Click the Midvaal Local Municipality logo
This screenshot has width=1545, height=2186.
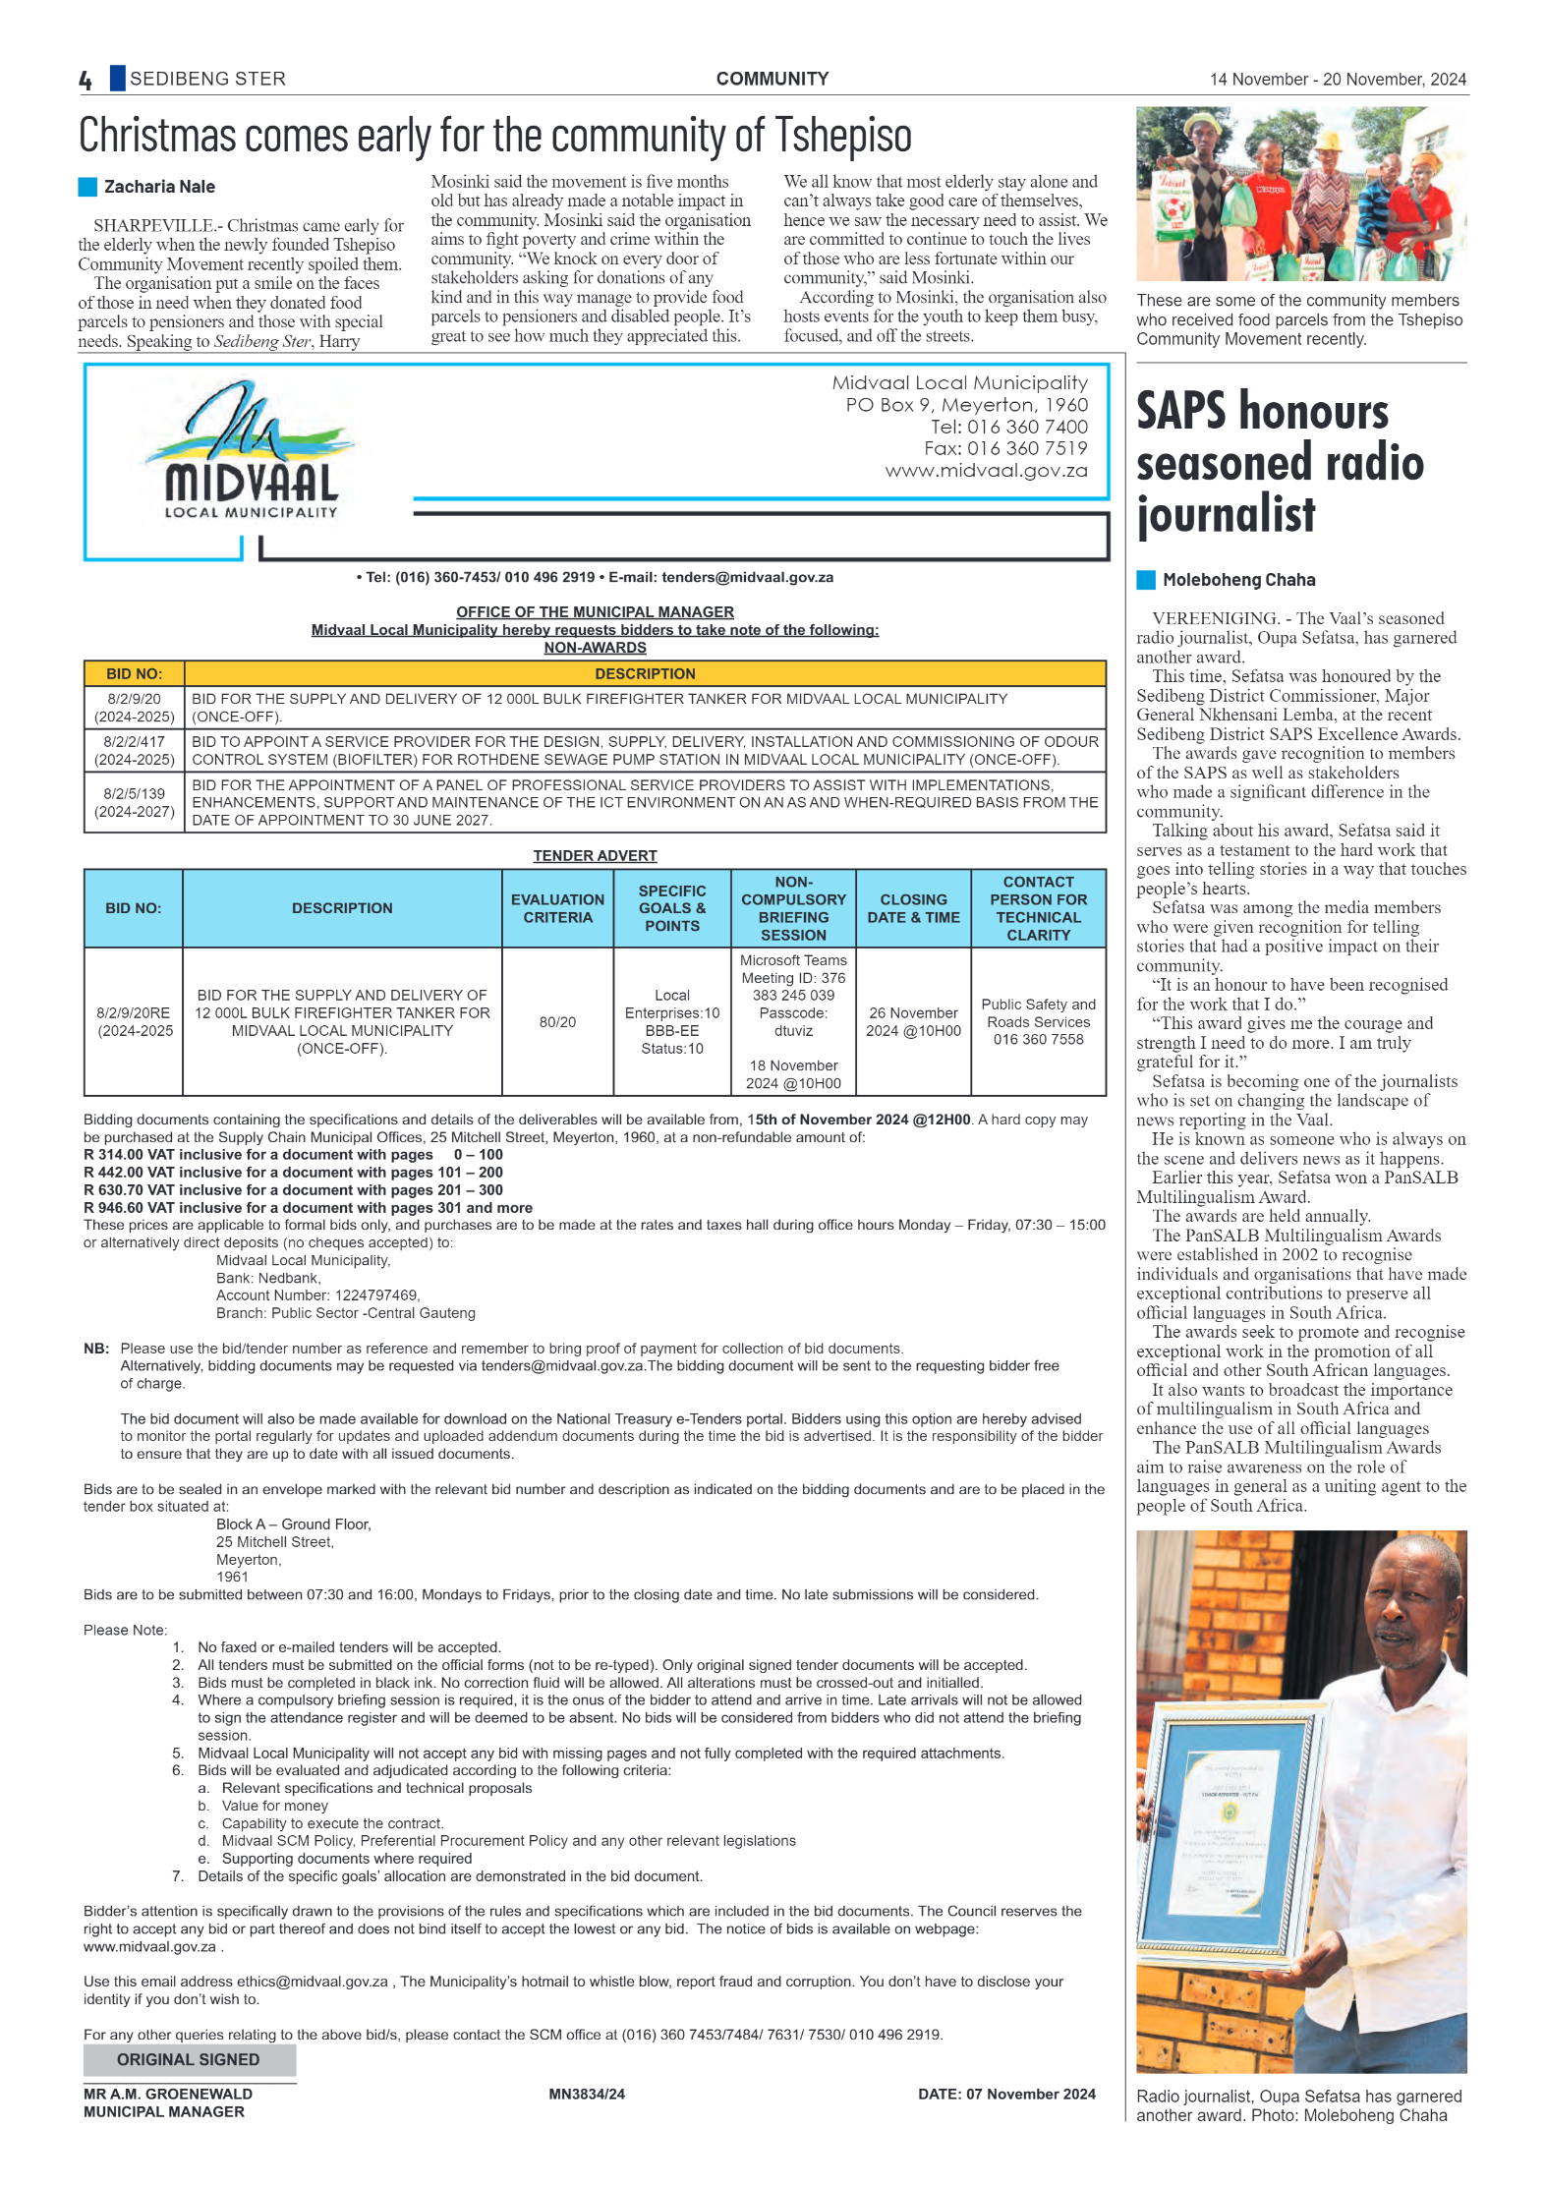click(x=251, y=451)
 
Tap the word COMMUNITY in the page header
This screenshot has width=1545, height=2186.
click(x=772, y=79)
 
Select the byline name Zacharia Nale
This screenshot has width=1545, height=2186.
click(x=159, y=187)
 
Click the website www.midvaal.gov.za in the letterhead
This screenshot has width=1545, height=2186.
click(x=986, y=471)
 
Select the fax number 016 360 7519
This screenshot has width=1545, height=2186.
click(x=1027, y=448)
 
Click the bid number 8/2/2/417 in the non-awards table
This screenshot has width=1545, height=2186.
click(x=135, y=741)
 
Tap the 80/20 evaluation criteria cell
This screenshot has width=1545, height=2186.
click(x=557, y=1022)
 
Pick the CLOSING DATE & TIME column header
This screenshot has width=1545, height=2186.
click(x=913, y=908)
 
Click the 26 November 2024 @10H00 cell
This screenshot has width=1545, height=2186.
click(x=913, y=1022)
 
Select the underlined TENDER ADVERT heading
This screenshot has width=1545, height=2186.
click(x=595, y=856)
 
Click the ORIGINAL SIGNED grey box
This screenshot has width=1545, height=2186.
click(x=189, y=2059)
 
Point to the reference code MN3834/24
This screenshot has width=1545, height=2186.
click(x=587, y=2094)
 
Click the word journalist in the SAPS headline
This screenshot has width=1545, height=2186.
click(x=1226, y=514)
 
